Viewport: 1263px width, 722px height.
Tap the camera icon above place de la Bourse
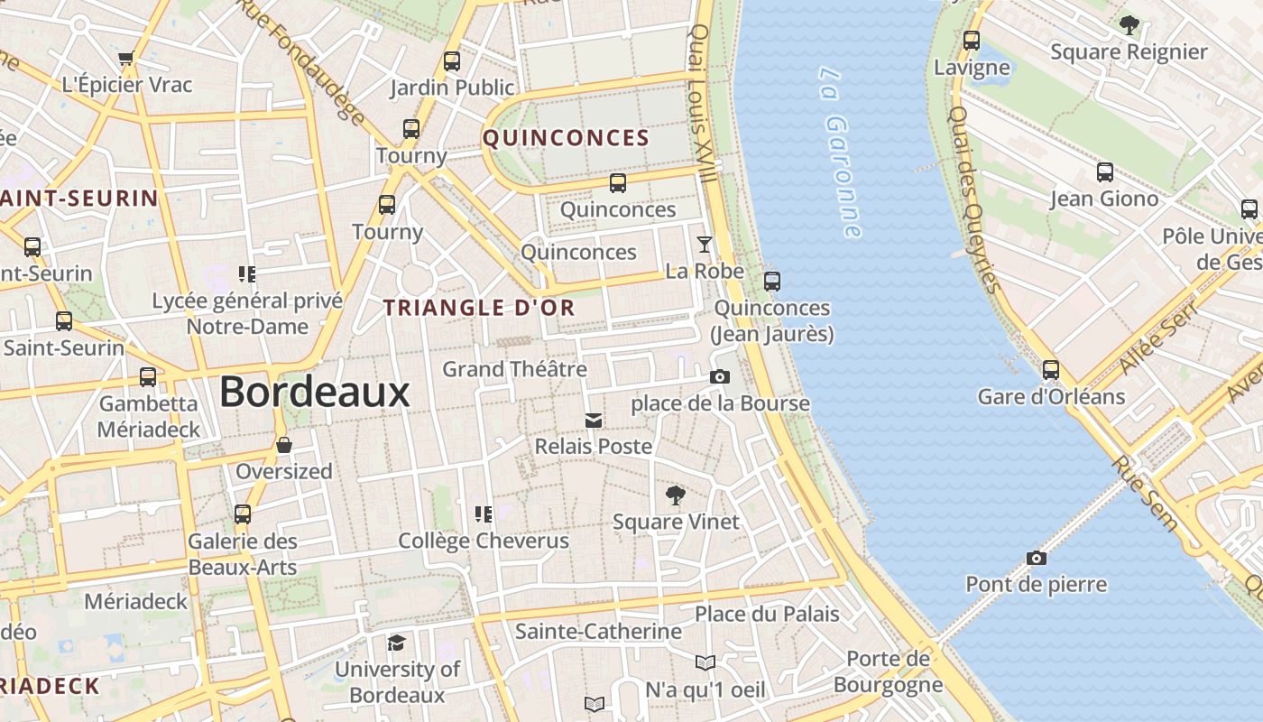point(719,376)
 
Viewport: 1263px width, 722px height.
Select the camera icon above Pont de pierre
point(1036,558)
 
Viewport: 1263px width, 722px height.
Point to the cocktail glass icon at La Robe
point(704,245)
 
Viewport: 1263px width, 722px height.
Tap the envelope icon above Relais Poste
point(593,420)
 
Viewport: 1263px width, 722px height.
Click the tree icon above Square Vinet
point(675,495)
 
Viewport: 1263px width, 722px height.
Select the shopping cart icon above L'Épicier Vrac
point(125,59)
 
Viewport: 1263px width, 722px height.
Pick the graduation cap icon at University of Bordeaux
point(396,643)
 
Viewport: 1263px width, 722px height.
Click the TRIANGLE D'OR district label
point(479,308)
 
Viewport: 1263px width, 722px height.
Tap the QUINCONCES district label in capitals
point(566,138)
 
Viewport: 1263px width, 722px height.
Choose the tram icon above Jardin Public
point(452,61)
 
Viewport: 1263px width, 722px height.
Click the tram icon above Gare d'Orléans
point(1051,369)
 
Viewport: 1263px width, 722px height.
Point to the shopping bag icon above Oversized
point(283,445)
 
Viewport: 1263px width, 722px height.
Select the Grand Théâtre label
point(514,369)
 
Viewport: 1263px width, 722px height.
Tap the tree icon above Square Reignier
point(1128,25)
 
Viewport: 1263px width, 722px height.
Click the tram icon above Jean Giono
point(1104,171)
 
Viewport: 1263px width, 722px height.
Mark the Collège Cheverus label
point(484,541)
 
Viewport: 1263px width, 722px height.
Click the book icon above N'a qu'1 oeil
point(705,663)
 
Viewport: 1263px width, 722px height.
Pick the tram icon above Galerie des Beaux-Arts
point(242,514)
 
